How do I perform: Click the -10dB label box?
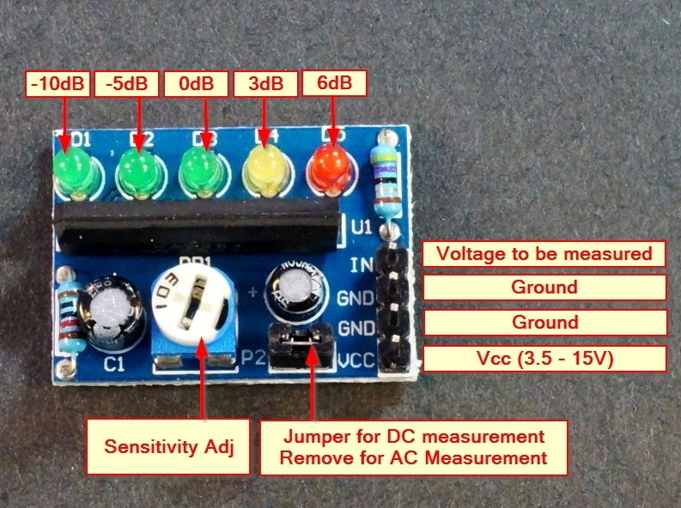coord(57,84)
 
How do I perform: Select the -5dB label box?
coord(127,84)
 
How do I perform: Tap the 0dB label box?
coord(197,84)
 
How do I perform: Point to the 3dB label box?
coord(265,84)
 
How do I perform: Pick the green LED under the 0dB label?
coord(199,166)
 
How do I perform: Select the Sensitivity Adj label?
coord(170,446)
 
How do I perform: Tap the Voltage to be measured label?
coord(544,254)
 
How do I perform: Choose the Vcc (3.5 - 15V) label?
coord(544,358)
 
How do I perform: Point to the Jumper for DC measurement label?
coord(412,446)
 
